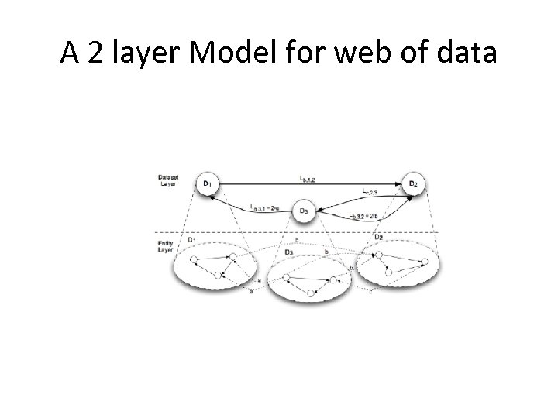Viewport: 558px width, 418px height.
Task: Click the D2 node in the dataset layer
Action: [415, 183]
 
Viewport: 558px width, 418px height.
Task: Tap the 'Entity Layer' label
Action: [167, 246]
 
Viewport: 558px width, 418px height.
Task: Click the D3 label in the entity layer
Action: [288, 252]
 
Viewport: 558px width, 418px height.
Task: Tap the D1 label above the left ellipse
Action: [190, 240]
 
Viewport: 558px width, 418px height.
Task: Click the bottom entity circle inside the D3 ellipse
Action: [310, 293]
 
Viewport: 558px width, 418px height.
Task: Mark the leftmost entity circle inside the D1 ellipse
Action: [194, 259]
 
